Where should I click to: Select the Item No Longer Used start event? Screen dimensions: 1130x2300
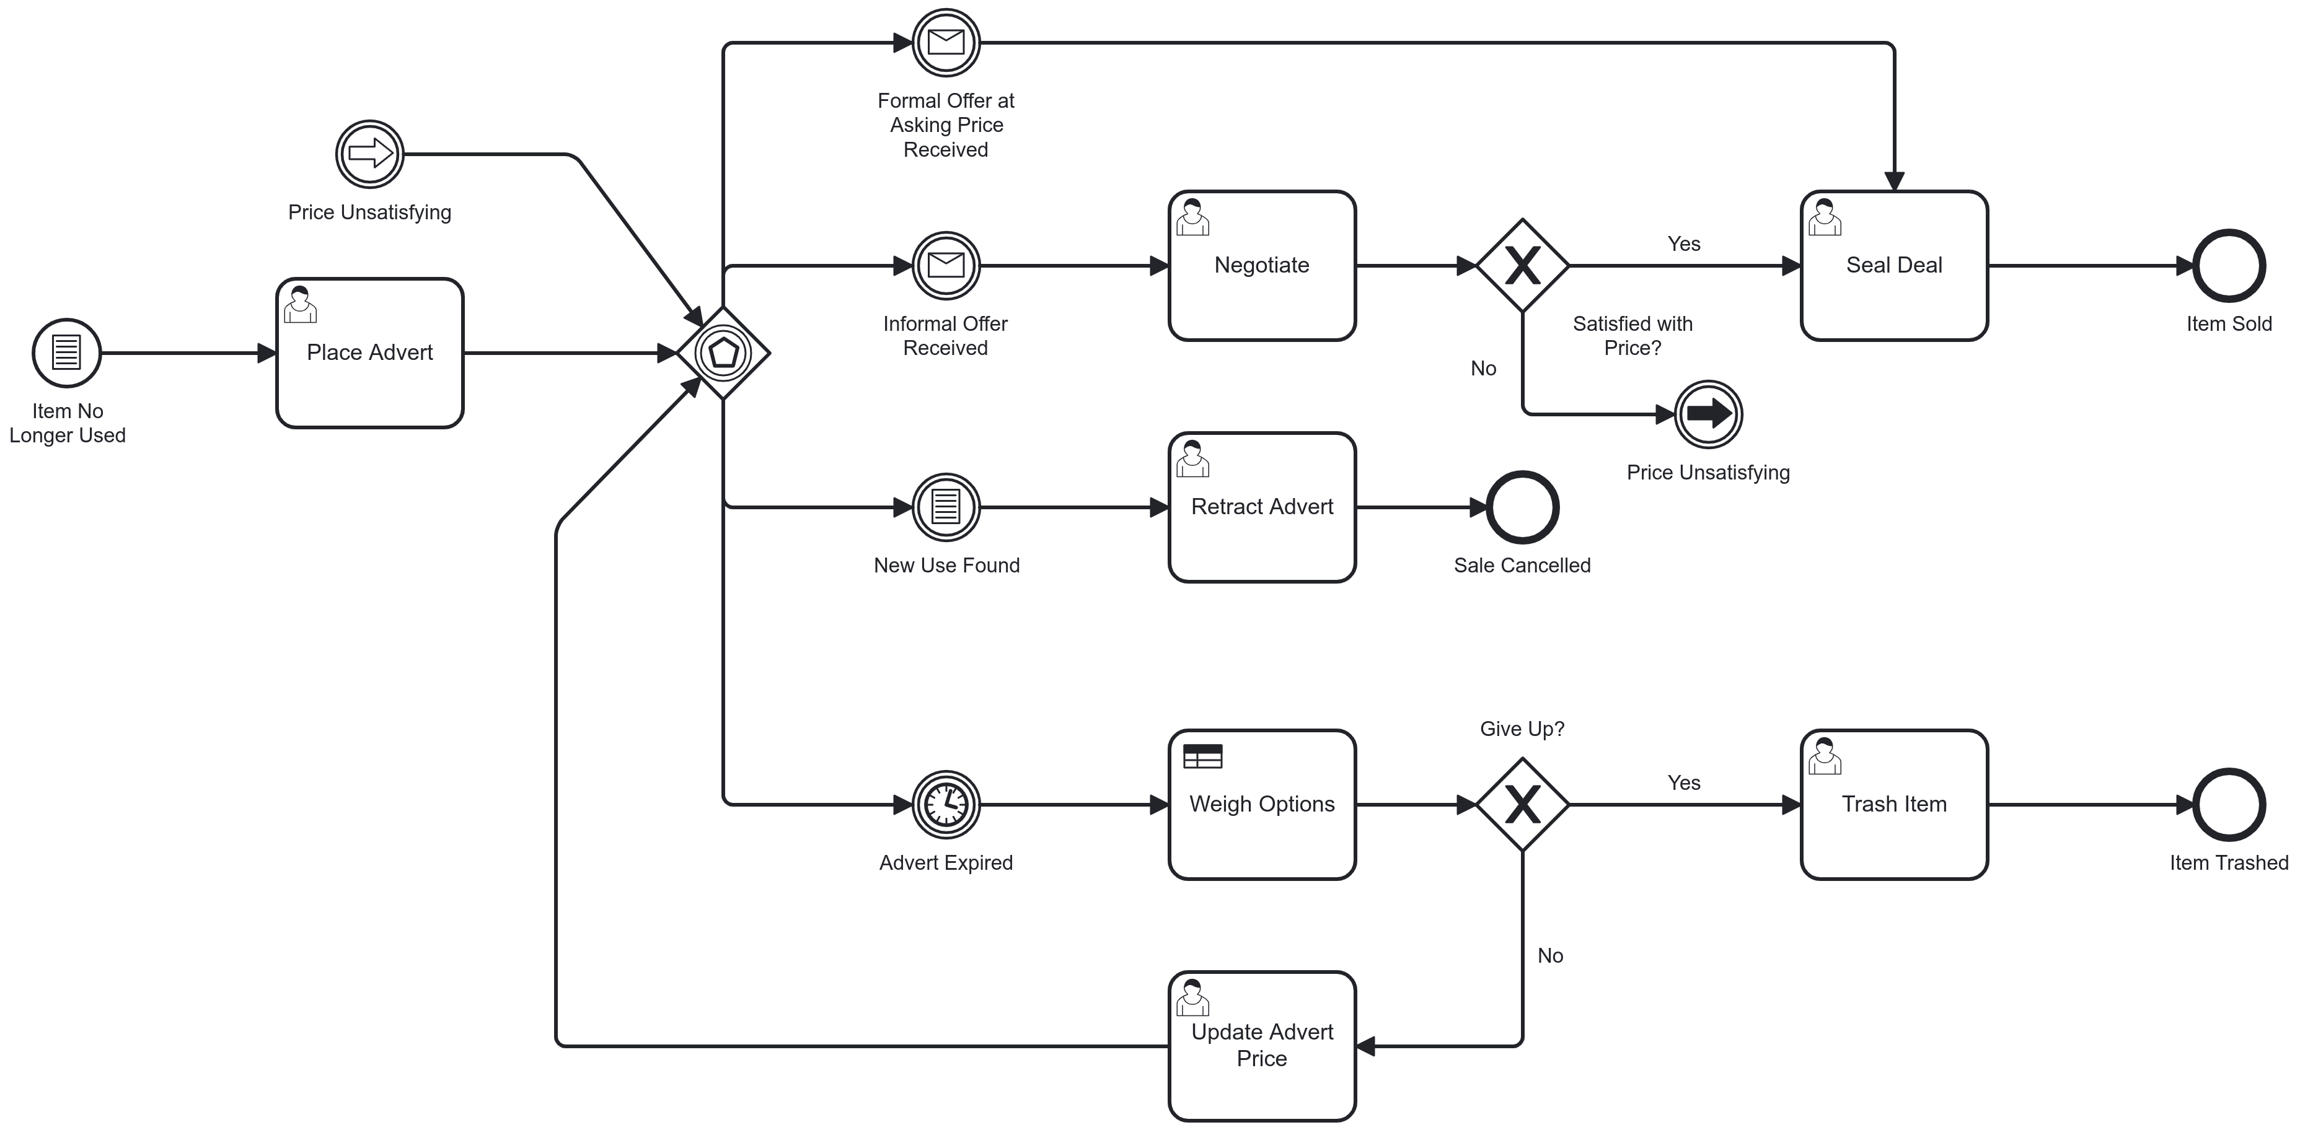click(x=67, y=353)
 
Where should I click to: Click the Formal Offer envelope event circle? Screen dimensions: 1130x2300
click(x=946, y=42)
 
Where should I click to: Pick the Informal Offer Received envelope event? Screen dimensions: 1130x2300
click(x=946, y=265)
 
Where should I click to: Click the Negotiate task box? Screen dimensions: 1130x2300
click(x=1262, y=265)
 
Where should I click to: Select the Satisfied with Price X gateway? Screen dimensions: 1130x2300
click(x=1522, y=265)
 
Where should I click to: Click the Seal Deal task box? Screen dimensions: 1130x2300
click(x=1894, y=265)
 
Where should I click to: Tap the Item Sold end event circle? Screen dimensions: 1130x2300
click(x=2229, y=265)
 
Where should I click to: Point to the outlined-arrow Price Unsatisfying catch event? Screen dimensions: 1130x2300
click(x=369, y=154)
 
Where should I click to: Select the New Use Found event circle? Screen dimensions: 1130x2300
click(x=946, y=507)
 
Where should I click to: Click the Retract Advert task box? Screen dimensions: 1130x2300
click(x=1262, y=507)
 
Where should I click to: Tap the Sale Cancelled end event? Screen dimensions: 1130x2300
click(x=1522, y=507)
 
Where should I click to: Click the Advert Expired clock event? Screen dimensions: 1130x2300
click(x=946, y=804)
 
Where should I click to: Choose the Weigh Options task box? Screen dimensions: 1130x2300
click(x=1262, y=804)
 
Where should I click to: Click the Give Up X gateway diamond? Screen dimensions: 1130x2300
click(x=1522, y=804)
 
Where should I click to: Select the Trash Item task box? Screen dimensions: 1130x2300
click(x=1894, y=804)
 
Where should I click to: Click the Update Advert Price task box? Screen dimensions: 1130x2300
click(x=1262, y=1045)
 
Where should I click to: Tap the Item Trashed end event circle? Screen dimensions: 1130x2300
click(x=2229, y=804)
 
